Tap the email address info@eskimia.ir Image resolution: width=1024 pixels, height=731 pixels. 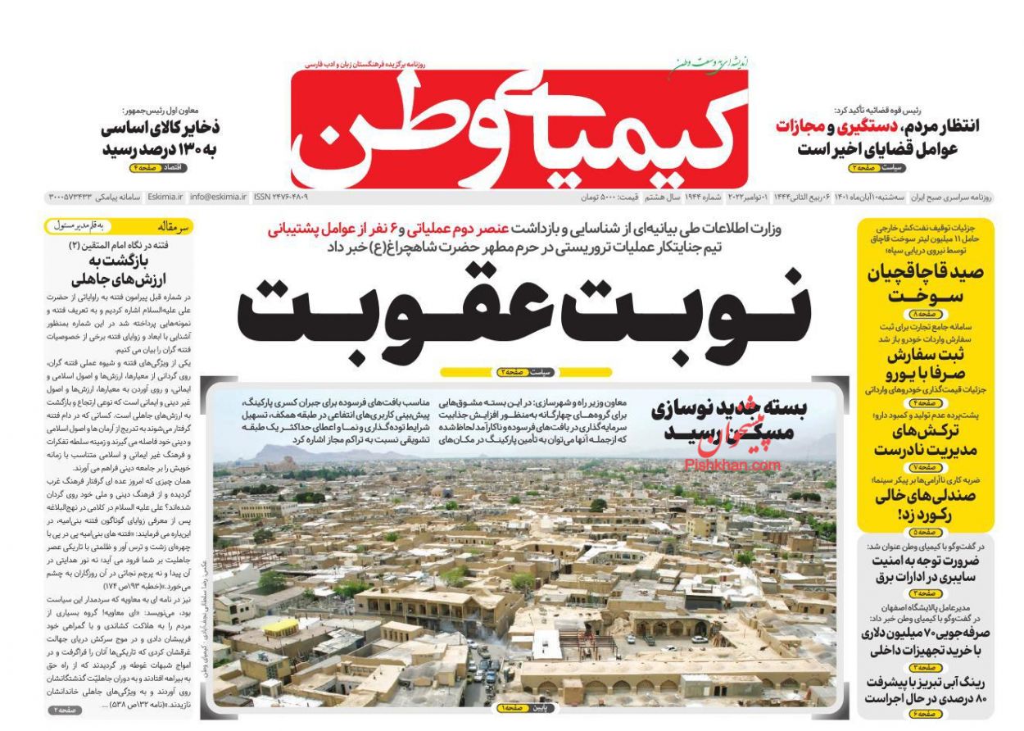(218, 198)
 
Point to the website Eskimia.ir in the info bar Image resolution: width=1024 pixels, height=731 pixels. (167, 198)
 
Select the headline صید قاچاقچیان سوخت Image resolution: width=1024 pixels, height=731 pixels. (926, 284)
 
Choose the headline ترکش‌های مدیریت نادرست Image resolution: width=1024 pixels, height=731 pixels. (927, 441)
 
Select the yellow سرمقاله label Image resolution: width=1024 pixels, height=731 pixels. (173, 224)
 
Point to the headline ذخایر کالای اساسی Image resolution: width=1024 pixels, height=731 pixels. (161, 139)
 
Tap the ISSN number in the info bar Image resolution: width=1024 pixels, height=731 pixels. (281, 198)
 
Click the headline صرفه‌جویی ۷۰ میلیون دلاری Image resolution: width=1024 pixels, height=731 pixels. (925, 640)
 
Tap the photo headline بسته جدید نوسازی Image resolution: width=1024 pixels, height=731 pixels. (730, 423)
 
